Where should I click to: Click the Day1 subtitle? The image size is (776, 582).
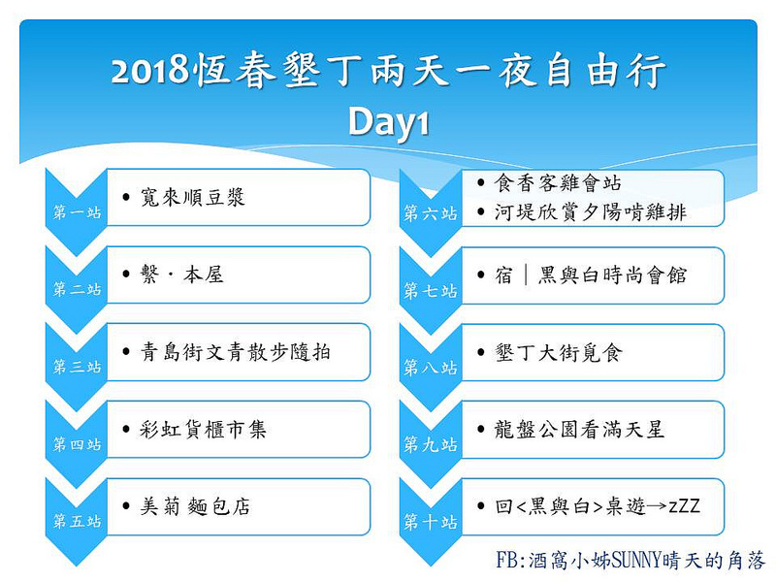388,123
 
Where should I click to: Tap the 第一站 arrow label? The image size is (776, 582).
77,213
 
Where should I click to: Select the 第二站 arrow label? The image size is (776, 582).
77,290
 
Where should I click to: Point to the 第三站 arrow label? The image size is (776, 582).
77,368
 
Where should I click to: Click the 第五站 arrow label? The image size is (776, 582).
77,522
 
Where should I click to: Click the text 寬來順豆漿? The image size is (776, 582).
193,198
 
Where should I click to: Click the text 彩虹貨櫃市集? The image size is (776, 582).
204,429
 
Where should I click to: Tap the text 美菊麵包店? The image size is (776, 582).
194,506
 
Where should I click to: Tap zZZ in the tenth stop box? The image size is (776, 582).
683,506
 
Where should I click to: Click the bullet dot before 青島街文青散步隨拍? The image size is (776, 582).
127,352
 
